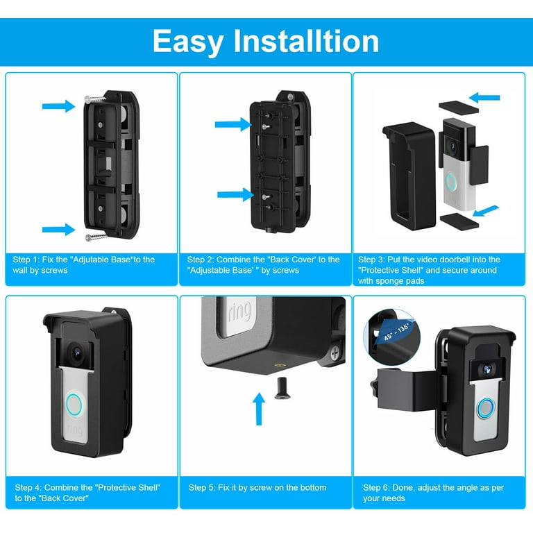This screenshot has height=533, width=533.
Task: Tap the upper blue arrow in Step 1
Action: point(58,106)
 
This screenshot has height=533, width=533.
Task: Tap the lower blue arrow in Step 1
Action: point(58,229)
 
